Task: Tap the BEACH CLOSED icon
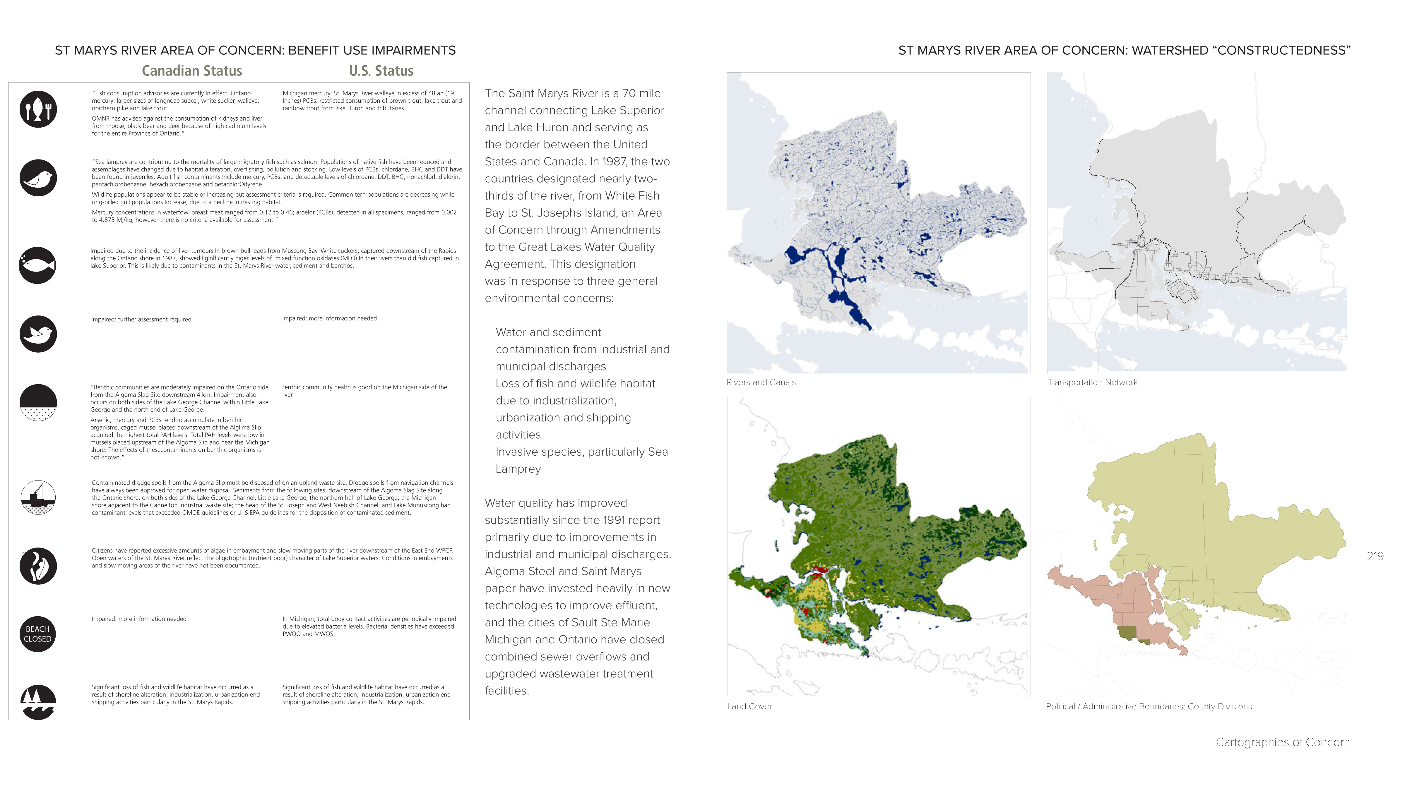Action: coord(38,634)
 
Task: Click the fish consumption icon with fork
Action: coord(38,109)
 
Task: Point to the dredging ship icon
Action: coord(38,497)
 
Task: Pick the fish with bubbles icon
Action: coord(38,265)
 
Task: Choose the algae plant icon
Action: coord(38,566)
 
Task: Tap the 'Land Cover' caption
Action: coord(749,706)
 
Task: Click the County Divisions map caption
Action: coord(1149,706)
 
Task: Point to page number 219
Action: coord(1375,556)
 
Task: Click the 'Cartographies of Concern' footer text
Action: coord(1282,742)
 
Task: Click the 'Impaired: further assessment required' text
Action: coord(141,320)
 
